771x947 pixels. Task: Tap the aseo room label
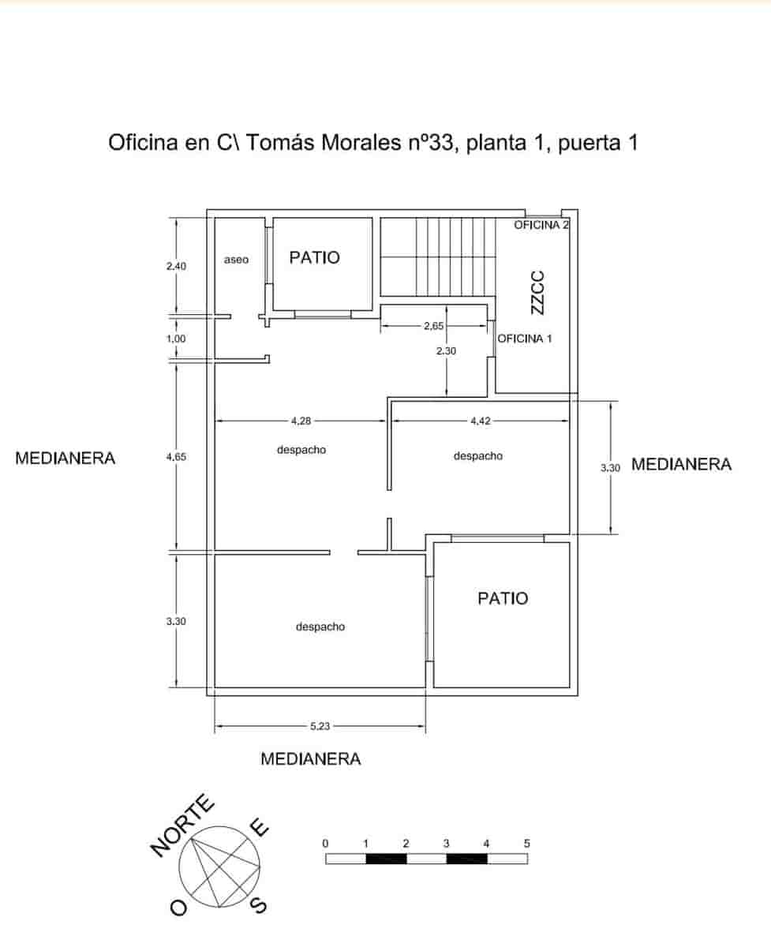[x=236, y=259]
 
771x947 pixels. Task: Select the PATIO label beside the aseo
[x=314, y=257]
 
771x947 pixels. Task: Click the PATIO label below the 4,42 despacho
[x=503, y=598]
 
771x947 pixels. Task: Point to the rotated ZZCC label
[x=537, y=293]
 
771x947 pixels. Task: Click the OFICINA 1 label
[x=525, y=339]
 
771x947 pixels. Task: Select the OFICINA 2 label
[x=541, y=225]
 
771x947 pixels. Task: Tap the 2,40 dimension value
[x=176, y=267]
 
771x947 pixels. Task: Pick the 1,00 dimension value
[x=176, y=339]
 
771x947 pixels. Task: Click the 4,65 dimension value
[x=176, y=457]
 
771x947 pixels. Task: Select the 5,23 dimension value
[x=320, y=727]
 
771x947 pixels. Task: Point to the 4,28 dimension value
[x=301, y=421]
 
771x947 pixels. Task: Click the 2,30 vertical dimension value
[x=447, y=351]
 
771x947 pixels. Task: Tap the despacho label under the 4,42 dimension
[x=477, y=455]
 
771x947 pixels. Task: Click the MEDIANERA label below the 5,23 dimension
[x=311, y=759]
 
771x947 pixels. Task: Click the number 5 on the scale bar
[x=526, y=843]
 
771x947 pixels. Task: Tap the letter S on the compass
[x=258, y=905]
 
